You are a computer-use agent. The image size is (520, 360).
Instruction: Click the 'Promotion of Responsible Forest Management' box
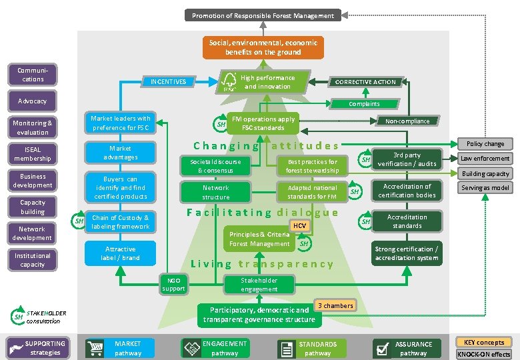coord(263,15)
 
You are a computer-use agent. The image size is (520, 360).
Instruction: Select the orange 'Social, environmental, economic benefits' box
coord(263,47)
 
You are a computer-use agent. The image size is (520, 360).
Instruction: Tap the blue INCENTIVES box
coord(168,82)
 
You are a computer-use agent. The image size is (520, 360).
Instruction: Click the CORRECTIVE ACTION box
coord(365,82)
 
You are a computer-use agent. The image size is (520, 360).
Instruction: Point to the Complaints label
coord(364,103)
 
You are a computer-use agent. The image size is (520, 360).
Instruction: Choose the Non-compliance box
coord(407,121)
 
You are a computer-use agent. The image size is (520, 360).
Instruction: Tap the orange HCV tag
coord(300,226)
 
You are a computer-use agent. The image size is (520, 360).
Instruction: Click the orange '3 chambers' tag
coord(335,305)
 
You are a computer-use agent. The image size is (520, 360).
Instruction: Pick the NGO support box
coord(173,284)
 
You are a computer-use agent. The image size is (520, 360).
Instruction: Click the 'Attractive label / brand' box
coord(121,253)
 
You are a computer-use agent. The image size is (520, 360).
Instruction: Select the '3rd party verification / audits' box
coord(407,159)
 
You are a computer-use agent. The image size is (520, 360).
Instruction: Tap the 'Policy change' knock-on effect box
coord(485,144)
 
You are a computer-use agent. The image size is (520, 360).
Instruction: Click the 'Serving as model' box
coord(485,188)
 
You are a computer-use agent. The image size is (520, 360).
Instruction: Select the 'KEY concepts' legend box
coord(483,342)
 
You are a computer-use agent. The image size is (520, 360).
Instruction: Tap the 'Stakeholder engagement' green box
coord(259,285)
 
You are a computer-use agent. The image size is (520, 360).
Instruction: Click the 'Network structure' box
coord(215,193)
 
